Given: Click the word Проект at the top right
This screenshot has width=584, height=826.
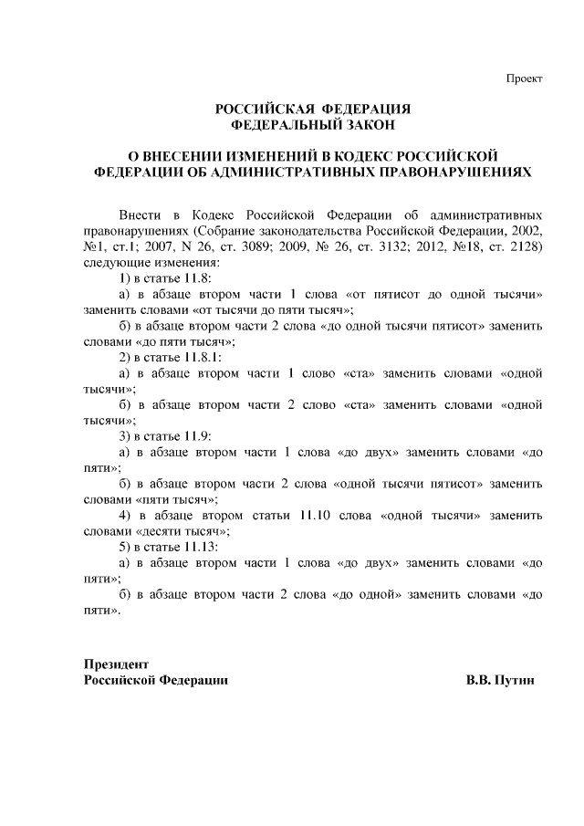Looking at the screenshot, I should pos(525,78).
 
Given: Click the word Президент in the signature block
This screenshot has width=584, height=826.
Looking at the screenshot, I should pos(116,664).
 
